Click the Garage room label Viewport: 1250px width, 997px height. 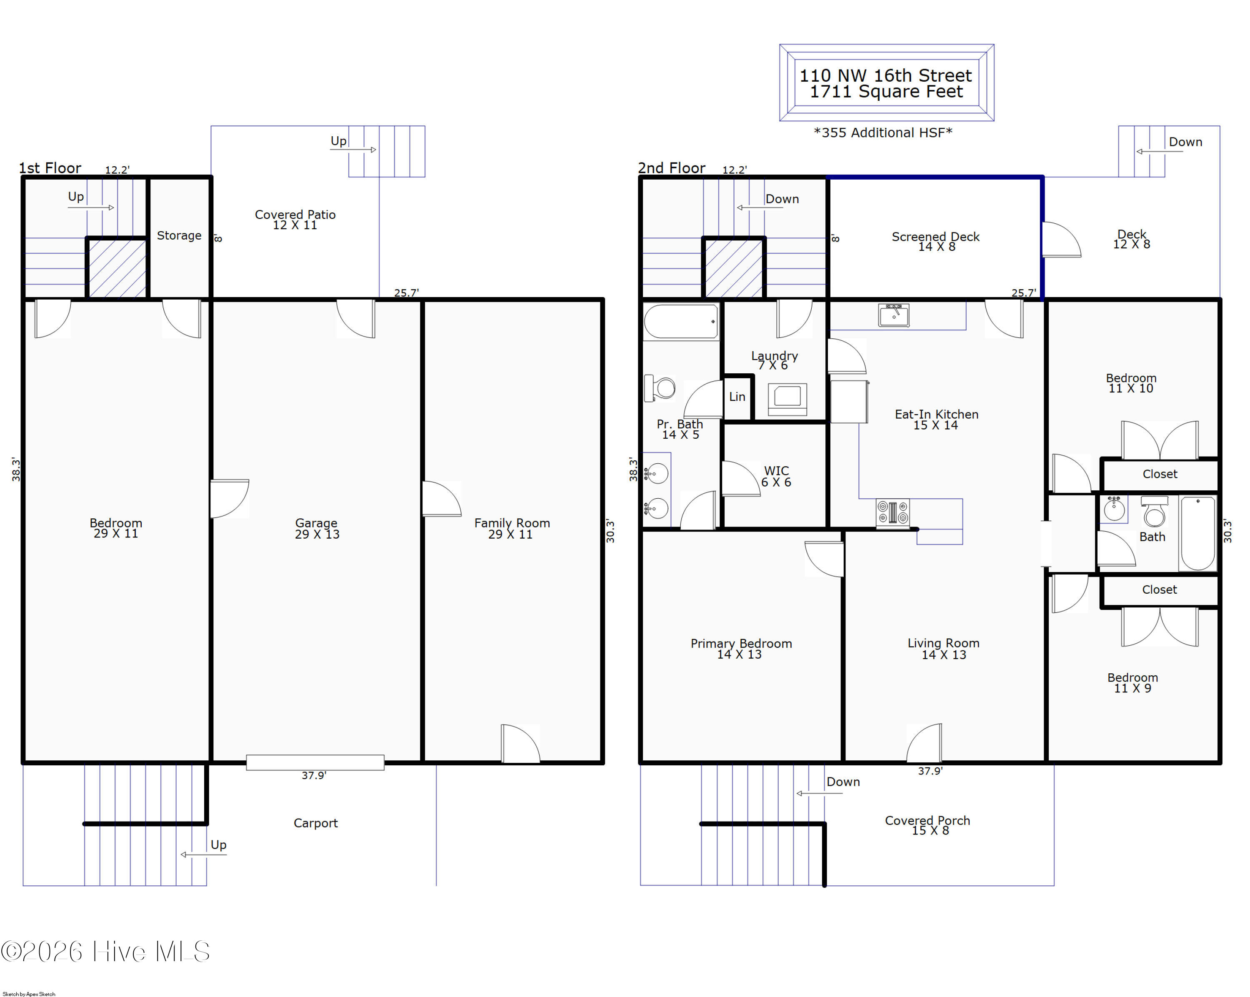(317, 528)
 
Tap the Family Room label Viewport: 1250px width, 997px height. (512, 528)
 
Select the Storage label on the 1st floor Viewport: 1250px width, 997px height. (179, 235)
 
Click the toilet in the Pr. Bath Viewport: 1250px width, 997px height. (660, 388)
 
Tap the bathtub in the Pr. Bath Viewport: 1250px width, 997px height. (681, 321)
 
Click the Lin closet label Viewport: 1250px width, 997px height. (737, 397)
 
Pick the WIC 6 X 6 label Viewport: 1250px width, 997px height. (776, 476)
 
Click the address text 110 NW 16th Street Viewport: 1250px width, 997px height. (885, 75)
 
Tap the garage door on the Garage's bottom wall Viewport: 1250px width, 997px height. (315, 762)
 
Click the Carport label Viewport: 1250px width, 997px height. (315, 823)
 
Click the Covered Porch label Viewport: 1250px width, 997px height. (927, 825)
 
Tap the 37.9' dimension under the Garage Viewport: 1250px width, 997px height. (314, 776)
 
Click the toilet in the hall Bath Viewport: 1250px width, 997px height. (1154, 511)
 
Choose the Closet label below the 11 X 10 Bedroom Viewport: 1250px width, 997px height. (1160, 474)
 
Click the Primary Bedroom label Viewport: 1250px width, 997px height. (741, 649)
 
